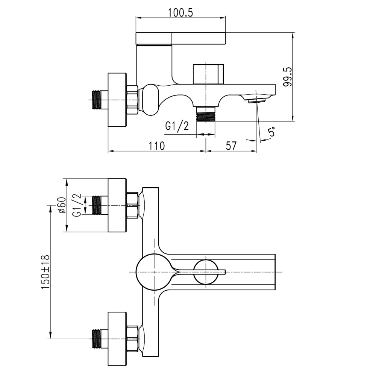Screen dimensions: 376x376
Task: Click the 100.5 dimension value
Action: [x=181, y=12]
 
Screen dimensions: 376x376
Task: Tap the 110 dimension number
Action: [x=156, y=146]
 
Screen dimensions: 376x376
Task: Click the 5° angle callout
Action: [x=271, y=132]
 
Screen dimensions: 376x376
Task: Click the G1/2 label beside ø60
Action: [x=76, y=205]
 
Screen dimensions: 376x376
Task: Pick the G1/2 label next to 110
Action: [x=177, y=126]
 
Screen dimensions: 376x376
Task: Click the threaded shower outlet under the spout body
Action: [x=206, y=114]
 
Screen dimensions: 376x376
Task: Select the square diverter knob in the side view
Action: [x=208, y=74]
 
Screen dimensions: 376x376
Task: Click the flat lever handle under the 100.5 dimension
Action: [x=180, y=38]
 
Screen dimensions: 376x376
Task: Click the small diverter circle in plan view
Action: [x=206, y=272]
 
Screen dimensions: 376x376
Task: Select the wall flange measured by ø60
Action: [x=117, y=205]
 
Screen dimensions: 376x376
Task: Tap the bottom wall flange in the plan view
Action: [x=117, y=338]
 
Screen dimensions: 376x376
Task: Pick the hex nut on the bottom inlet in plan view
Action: [x=133, y=338]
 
